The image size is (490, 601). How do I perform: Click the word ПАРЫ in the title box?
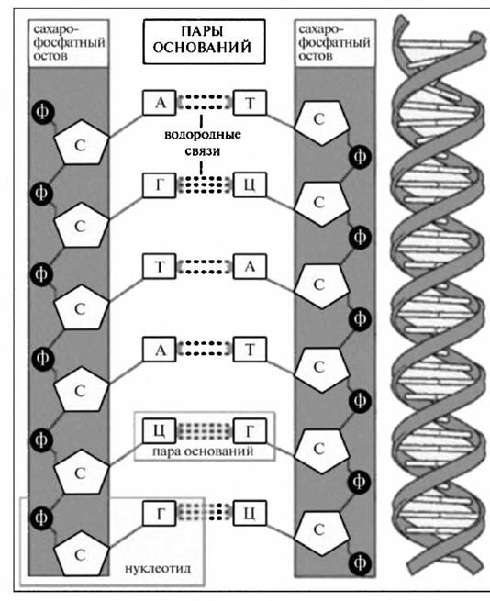pos(203,31)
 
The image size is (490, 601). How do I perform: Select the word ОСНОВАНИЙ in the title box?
pos(203,48)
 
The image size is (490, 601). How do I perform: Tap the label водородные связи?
pos(203,142)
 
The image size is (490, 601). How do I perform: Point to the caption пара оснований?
pos(203,451)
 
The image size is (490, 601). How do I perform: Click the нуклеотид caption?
pos(158,568)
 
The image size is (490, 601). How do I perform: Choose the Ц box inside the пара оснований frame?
pos(159,430)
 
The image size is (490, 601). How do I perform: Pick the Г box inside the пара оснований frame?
pos(250,430)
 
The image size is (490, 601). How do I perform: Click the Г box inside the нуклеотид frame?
pos(159,513)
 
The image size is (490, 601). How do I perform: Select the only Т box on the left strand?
pos(159,266)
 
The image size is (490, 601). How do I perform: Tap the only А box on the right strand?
pos(250,266)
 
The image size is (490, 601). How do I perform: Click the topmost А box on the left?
pos(159,103)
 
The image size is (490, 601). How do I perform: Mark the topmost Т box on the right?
pos(250,103)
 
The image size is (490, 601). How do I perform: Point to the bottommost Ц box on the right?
pos(250,513)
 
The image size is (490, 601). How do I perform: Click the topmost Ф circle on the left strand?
pos(42,112)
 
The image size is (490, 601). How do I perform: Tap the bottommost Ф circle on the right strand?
pos(360,563)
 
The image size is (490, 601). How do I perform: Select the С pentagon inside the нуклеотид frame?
pos(81,553)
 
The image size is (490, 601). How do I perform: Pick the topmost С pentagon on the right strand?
pos(321,122)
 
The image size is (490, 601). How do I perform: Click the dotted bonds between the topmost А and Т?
pos(205,103)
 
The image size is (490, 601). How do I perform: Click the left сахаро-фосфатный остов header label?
pos(68,42)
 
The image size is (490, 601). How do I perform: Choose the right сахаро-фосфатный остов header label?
pos(334,42)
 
